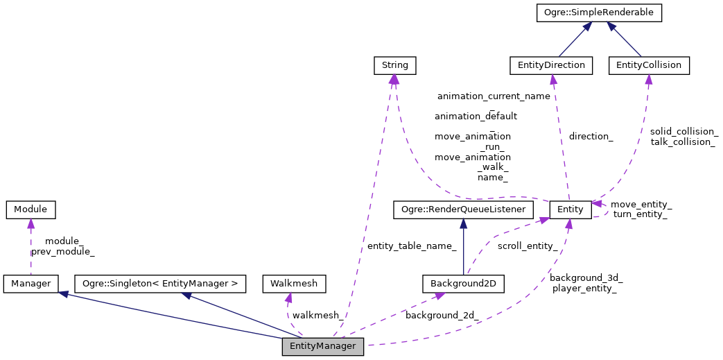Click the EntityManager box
(x=322, y=346)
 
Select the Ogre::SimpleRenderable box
(x=600, y=12)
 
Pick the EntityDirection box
(x=551, y=65)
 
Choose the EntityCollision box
(x=649, y=65)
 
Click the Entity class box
(x=570, y=209)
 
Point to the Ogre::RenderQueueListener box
(x=464, y=209)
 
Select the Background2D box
(x=464, y=284)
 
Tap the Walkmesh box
(x=295, y=284)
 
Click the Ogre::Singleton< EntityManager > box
(x=160, y=284)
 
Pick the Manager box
(x=30, y=284)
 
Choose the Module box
(x=30, y=209)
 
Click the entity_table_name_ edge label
(x=412, y=246)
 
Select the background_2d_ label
(x=442, y=316)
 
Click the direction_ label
(x=591, y=137)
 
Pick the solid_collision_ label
(x=684, y=131)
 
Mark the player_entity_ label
(x=584, y=288)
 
